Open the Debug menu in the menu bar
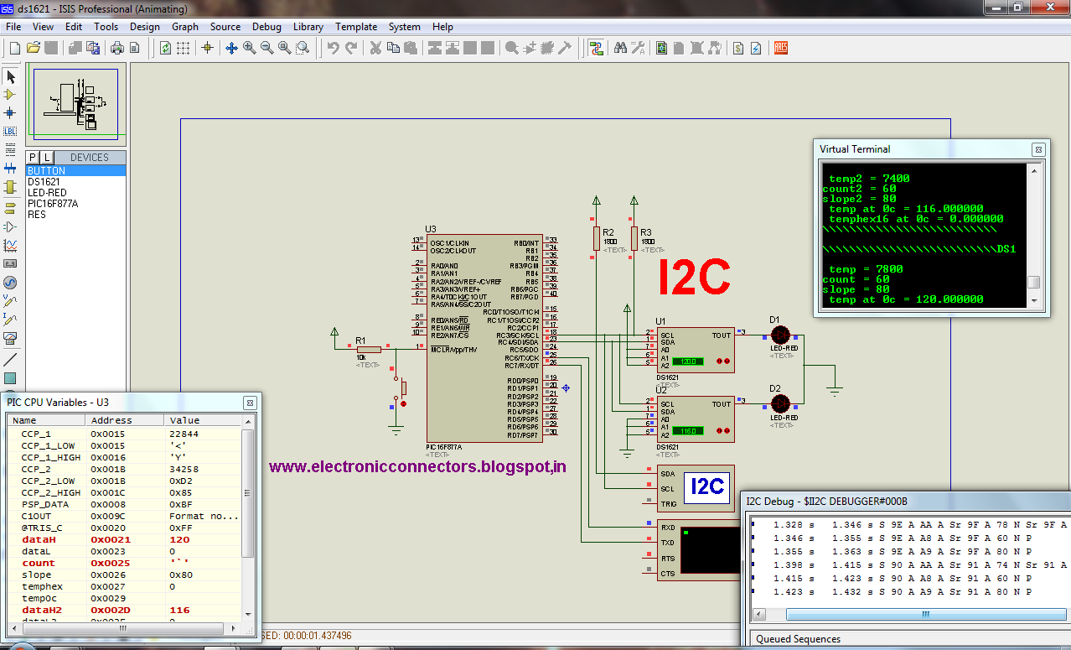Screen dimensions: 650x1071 (x=266, y=27)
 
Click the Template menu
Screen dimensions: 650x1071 (x=356, y=27)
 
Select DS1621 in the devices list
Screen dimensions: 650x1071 (x=44, y=182)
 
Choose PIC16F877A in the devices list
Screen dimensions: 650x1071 (x=53, y=204)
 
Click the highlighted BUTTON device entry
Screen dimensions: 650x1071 (x=47, y=171)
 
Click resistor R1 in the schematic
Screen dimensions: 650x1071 (x=368, y=349)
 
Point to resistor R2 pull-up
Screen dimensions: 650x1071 (x=596, y=238)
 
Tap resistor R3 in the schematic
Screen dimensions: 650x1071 (x=634, y=238)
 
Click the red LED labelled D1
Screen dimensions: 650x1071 (x=778, y=335)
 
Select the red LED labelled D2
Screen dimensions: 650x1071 (x=778, y=403)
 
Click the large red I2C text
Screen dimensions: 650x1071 (x=694, y=278)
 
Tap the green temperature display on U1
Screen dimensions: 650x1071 (x=688, y=361)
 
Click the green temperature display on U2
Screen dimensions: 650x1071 (x=688, y=430)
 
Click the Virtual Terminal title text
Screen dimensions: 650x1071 (x=855, y=149)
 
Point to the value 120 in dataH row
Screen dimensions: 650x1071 (x=179, y=540)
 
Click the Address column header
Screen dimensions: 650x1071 (x=112, y=420)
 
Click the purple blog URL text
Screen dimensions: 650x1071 (x=417, y=466)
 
